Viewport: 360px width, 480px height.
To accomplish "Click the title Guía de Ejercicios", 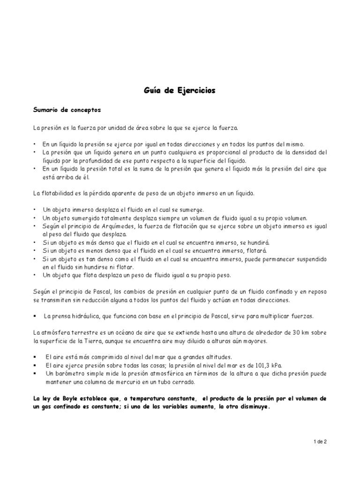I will point(180,91).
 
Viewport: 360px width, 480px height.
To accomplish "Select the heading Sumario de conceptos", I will point(67,110).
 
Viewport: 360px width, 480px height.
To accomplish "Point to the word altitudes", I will point(191,357).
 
